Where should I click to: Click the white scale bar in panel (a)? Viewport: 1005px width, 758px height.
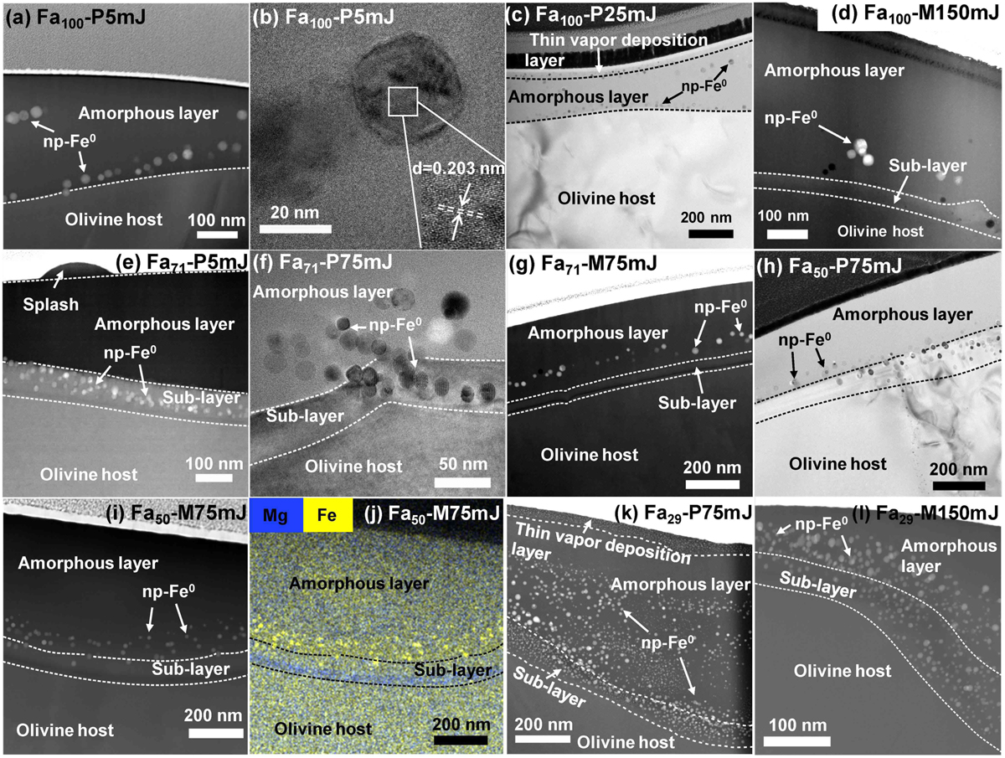(x=217, y=235)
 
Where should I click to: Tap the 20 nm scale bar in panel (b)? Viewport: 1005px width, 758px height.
(x=296, y=229)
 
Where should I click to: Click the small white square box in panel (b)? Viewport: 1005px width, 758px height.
(x=403, y=101)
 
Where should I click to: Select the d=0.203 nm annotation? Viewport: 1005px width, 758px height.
(x=458, y=168)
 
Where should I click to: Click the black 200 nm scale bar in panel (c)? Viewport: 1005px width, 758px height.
(x=710, y=234)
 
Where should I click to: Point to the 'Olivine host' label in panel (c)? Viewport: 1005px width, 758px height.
(x=606, y=199)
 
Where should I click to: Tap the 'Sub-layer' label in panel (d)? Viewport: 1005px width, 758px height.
(x=928, y=166)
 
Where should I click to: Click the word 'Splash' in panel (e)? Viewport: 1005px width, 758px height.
(x=51, y=304)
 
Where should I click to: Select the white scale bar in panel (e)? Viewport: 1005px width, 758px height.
(x=214, y=477)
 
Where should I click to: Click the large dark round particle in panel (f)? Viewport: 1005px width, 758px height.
(x=455, y=304)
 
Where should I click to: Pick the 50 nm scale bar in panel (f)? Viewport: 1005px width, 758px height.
(x=462, y=482)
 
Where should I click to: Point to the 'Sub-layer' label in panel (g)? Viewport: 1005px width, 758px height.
(x=697, y=403)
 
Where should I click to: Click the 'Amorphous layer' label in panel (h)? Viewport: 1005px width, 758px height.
(x=903, y=314)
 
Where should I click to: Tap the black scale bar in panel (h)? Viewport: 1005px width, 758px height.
(x=959, y=485)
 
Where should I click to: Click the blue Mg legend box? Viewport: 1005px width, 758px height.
(x=276, y=515)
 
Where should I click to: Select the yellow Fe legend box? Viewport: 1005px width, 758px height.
(x=327, y=515)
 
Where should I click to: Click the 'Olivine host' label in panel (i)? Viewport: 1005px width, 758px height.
(x=65, y=730)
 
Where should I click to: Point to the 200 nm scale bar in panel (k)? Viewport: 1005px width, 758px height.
(x=543, y=739)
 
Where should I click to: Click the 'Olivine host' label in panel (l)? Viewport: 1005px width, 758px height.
(x=843, y=671)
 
